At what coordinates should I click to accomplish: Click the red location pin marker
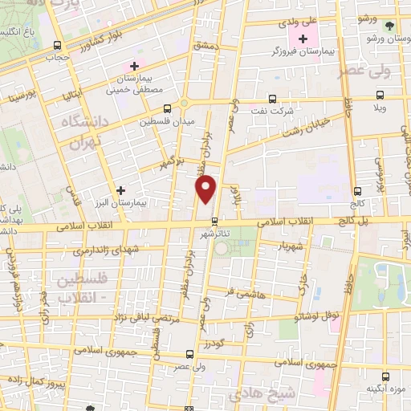[207, 188]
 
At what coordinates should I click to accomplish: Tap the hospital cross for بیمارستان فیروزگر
[303, 39]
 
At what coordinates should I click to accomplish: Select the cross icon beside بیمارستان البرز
[120, 191]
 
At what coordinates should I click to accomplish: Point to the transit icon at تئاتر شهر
[214, 221]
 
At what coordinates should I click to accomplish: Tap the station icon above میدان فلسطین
[167, 108]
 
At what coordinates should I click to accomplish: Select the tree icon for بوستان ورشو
[389, 25]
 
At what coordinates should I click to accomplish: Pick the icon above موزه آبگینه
[388, 375]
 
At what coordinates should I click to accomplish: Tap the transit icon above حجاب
[56, 45]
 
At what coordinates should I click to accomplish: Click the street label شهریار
[293, 244]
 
